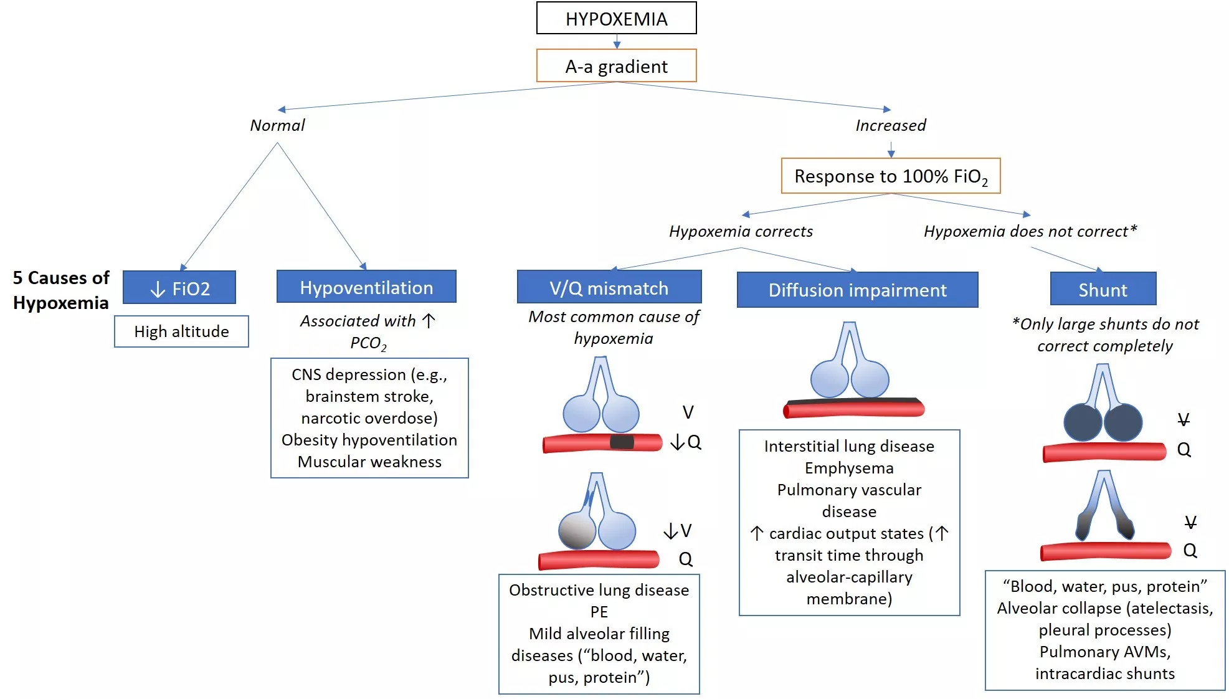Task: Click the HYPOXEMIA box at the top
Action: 616,18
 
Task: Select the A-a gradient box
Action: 616,66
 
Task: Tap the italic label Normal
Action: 277,125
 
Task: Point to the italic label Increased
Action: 890,125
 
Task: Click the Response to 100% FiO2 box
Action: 890,176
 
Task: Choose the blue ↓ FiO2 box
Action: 179,288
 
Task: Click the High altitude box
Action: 181,331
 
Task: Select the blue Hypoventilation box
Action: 366,287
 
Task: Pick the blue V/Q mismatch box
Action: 609,288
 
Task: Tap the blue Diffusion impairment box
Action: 857,290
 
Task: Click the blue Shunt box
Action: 1103,290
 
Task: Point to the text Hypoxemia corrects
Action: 741,231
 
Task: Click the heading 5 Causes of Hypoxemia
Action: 61,290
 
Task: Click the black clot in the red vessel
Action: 621,442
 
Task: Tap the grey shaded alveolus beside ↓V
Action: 577,530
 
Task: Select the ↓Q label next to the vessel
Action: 686,442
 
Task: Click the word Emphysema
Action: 848,468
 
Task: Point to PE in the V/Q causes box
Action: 599,611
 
